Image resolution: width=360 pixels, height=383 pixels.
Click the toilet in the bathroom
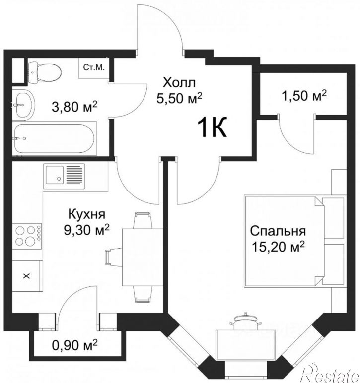[x=44, y=72]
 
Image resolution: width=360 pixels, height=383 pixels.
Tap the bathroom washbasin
[x=24, y=105]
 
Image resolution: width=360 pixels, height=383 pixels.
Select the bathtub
[x=54, y=138]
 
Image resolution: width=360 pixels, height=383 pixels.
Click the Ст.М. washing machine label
[x=94, y=67]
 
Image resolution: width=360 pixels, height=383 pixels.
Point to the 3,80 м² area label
[x=74, y=107]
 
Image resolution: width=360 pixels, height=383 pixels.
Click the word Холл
[x=179, y=82]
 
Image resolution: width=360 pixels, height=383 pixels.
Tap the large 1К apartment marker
[x=212, y=128]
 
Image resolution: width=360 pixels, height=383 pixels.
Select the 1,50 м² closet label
[x=304, y=95]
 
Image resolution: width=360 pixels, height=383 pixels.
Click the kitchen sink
[x=64, y=176]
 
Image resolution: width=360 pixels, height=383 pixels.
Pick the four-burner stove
[x=27, y=236]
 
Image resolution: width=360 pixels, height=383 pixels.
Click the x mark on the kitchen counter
[x=27, y=276]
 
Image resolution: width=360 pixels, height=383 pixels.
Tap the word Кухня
[x=87, y=214]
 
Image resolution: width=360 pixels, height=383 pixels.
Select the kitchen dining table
[x=143, y=257]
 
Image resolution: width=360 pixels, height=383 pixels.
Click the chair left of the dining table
[x=114, y=257]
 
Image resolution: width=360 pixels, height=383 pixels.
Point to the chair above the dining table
[x=143, y=220]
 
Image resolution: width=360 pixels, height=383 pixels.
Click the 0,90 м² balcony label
[x=75, y=345]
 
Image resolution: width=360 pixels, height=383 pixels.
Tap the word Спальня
[x=278, y=231]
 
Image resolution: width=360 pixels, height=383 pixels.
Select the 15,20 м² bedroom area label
[x=279, y=247]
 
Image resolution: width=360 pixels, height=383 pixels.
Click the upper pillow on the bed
[x=333, y=218]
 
